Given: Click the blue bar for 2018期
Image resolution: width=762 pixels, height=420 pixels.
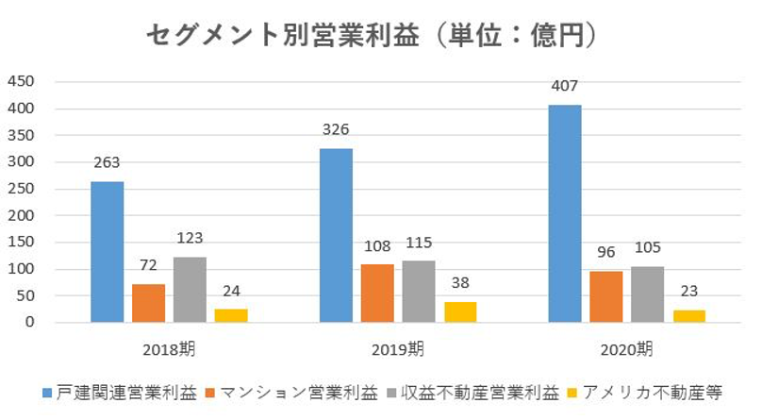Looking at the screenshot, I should coord(107,252).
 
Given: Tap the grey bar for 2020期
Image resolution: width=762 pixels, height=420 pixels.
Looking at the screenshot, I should coord(648,294).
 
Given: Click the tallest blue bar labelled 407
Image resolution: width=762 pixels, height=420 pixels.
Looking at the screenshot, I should coord(565,213).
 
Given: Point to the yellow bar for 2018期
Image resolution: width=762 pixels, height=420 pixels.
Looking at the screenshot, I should coord(231,315).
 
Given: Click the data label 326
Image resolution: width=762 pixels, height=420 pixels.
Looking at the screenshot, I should coord(337,127).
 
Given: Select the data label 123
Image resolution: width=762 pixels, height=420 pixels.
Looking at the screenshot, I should coord(190,238).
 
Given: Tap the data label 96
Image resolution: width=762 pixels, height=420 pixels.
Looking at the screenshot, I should coord(606,253).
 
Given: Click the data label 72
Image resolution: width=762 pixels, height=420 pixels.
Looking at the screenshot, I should coord(148,265).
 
